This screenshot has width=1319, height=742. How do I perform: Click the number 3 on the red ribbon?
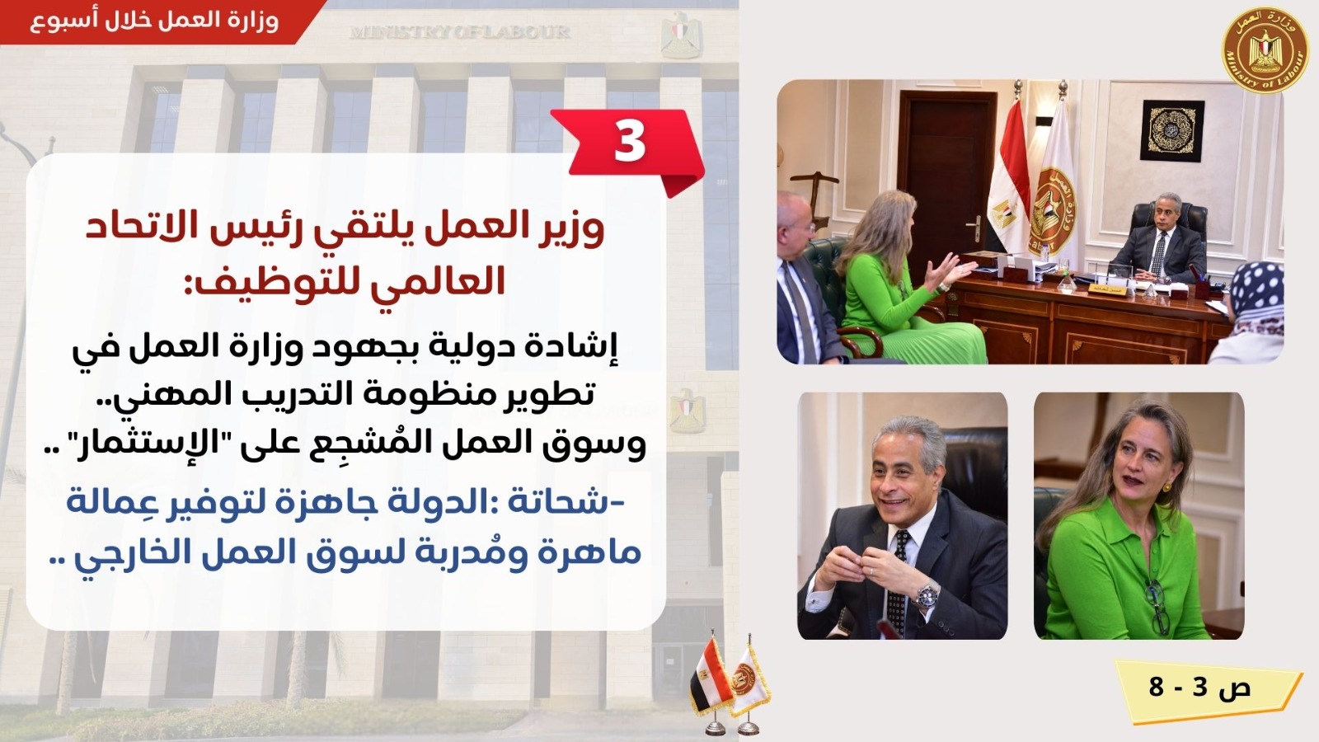pos(630,141)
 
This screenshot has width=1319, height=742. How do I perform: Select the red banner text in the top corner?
pos(153,21)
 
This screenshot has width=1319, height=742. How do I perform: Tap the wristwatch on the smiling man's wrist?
pos(927,594)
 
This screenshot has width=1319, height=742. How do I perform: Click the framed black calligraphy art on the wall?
pos(1172,131)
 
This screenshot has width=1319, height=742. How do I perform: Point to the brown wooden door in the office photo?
pos(945,170)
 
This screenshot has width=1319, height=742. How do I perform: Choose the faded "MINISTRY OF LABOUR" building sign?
pos(460,32)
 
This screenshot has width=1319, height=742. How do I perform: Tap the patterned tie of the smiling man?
pos(898,583)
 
